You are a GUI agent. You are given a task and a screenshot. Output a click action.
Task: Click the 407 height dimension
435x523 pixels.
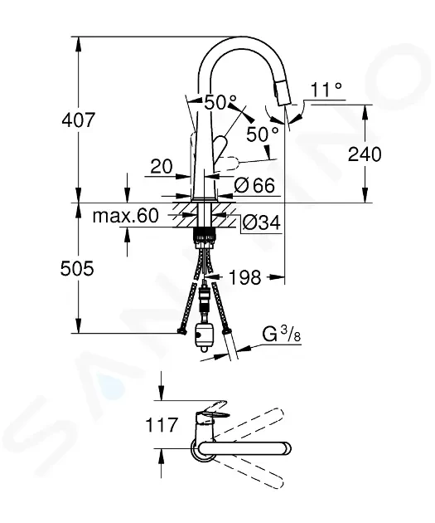click(x=79, y=120)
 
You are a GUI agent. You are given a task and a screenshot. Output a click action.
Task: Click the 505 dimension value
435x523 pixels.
click(x=77, y=268)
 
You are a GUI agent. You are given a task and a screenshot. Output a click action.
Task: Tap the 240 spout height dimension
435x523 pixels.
click(x=365, y=154)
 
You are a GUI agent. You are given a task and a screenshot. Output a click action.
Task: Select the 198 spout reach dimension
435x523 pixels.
click(x=244, y=277)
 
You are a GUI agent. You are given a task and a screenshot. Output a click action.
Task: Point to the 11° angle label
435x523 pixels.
click(x=326, y=90)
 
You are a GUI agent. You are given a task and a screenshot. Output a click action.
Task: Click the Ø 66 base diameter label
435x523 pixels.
click(x=254, y=185)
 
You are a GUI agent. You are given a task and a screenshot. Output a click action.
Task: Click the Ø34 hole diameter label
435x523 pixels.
click(x=261, y=222)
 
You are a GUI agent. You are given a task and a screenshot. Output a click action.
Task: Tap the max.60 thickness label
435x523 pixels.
click(x=125, y=216)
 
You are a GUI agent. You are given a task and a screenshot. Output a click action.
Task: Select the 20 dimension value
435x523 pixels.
click(x=162, y=166)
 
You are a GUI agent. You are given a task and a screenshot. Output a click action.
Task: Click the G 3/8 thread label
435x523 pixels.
click(x=282, y=335)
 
